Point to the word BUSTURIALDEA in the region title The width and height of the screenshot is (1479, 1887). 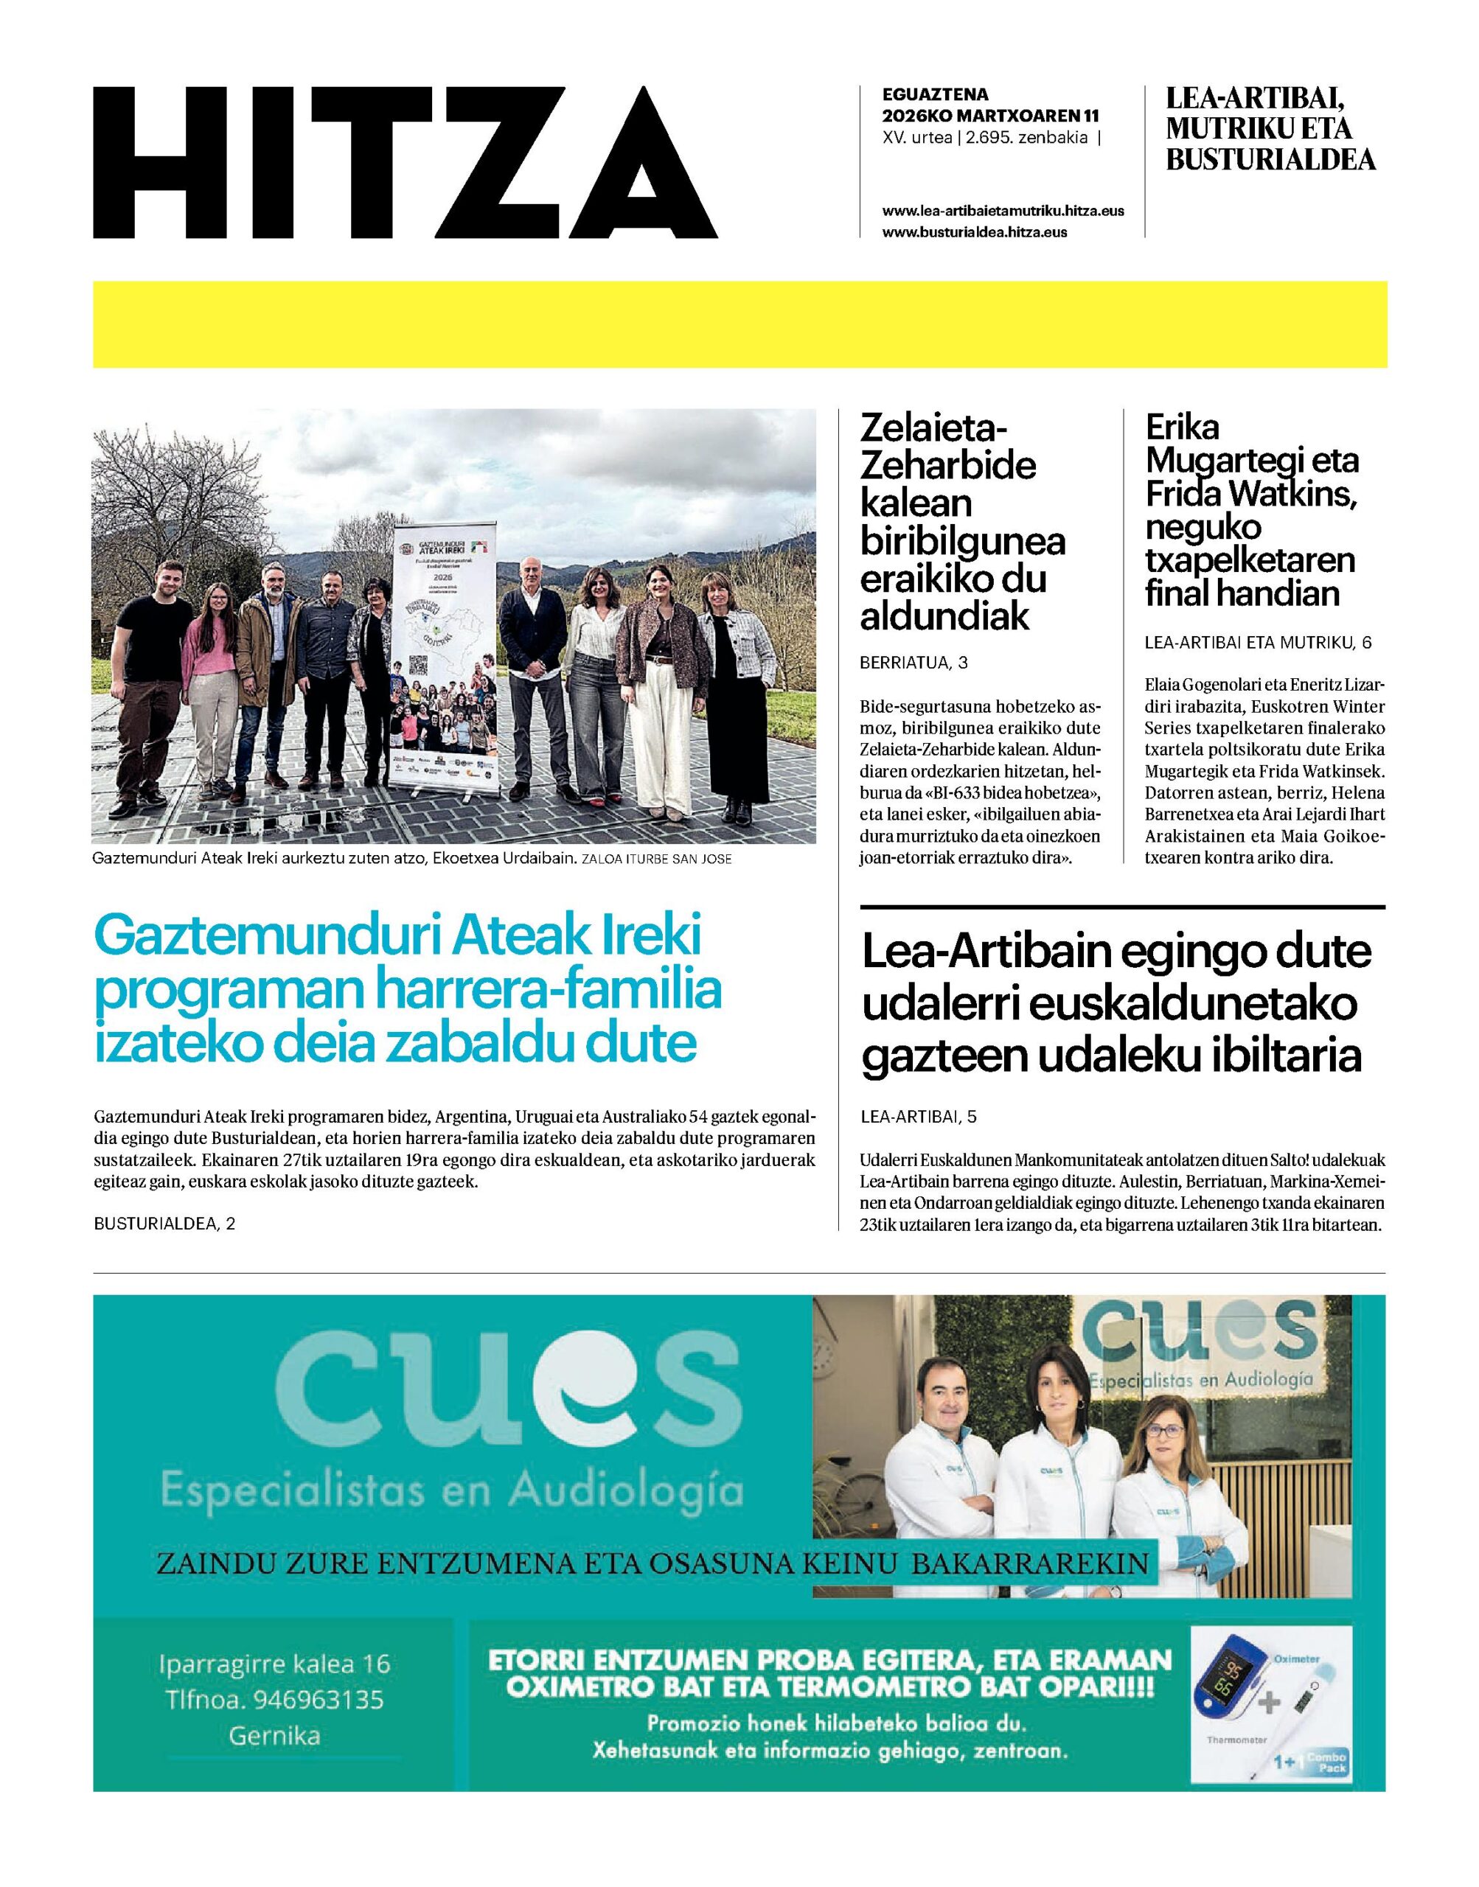click(1270, 160)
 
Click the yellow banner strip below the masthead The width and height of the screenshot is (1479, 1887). click(739, 324)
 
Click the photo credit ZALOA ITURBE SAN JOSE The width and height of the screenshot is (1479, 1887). click(657, 860)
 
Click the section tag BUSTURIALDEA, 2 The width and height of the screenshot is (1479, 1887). click(164, 1223)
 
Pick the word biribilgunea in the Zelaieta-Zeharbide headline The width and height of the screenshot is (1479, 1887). click(962, 542)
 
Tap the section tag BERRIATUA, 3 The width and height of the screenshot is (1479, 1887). click(913, 663)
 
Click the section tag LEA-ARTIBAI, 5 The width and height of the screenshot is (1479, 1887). click(919, 1117)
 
